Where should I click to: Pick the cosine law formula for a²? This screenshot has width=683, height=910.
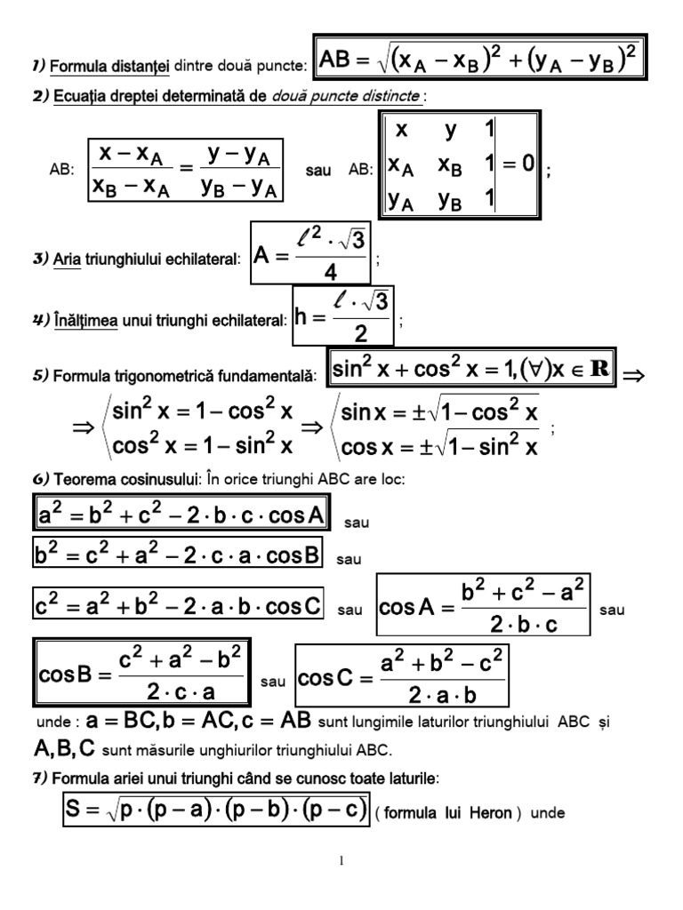tap(181, 515)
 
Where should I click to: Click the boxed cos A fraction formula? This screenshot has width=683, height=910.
tap(484, 606)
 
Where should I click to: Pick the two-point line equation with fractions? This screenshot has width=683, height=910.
tap(186, 168)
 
